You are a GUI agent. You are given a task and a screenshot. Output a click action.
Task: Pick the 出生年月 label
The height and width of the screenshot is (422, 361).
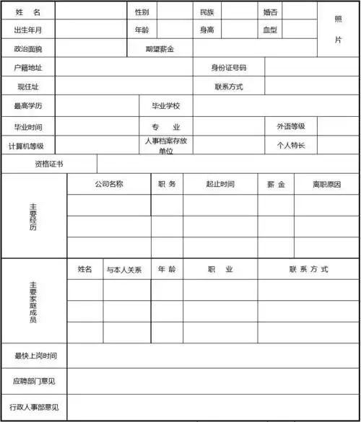(27, 30)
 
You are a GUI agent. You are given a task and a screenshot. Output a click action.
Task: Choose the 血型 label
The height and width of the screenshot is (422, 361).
(269, 30)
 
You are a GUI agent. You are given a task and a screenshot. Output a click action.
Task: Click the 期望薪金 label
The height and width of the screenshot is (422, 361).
(159, 49)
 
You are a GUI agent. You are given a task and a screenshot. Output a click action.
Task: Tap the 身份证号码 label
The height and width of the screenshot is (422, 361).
(228, 68)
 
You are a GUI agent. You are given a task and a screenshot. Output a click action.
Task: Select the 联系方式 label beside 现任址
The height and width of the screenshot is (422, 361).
(228, 87)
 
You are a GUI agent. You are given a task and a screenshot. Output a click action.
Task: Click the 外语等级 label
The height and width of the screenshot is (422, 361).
(290, 126)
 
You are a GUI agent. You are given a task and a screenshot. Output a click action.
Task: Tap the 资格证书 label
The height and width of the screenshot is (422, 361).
(48, 164)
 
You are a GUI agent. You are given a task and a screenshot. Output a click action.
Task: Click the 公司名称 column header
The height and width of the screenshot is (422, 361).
(108, 184)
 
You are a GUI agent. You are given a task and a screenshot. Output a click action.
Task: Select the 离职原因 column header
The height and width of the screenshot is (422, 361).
(326, 184)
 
